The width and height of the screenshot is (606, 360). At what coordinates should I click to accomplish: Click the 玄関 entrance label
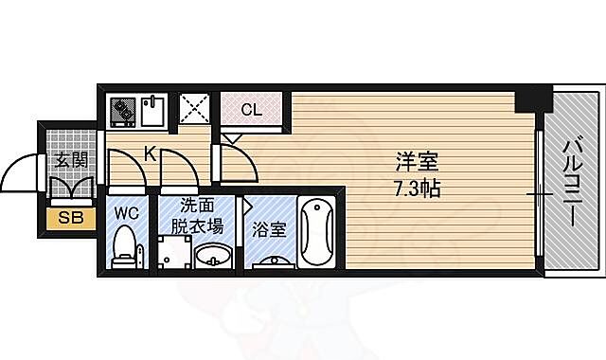tap(70, 159)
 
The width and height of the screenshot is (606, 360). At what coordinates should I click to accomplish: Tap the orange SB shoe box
tap(70, 217)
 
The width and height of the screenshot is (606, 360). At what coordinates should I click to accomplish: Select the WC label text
tap(126, 214)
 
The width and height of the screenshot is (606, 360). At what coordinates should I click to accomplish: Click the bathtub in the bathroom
tap(315, 232)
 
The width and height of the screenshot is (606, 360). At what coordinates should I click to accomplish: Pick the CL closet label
tap(250, 109)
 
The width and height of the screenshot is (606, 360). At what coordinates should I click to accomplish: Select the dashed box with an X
tap(193, 110)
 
